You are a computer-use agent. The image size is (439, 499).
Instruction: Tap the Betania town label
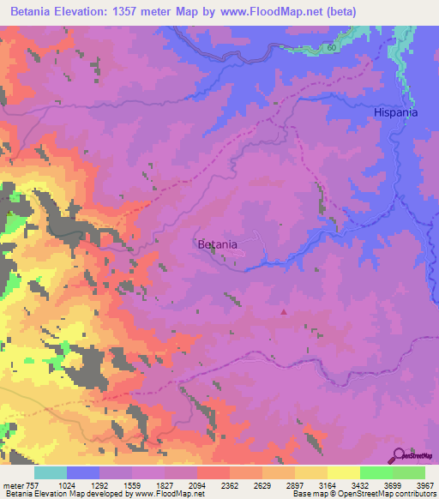pyautogui.click(x=217, y=244)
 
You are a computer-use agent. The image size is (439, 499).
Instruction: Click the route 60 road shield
pyautogui.click(x=331, y=50)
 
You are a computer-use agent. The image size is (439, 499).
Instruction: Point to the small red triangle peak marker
pyautogui.click(x=284, y=312)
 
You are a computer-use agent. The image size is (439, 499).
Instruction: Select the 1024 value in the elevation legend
pyautogui.click(x=66, y=484)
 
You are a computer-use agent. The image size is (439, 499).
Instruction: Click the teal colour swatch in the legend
pyautogui.click(x=51, y=472)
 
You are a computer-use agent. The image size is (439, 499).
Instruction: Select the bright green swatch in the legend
pyautogui.click(x=376, y=472)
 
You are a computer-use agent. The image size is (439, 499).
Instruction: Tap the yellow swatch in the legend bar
pyautogui.click(x=343, y=472)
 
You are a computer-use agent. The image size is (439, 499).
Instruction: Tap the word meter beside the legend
pyautogui.click(x=15, y=484)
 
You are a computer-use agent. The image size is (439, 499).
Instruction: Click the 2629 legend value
pyautogui.click(x=262, y=484)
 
